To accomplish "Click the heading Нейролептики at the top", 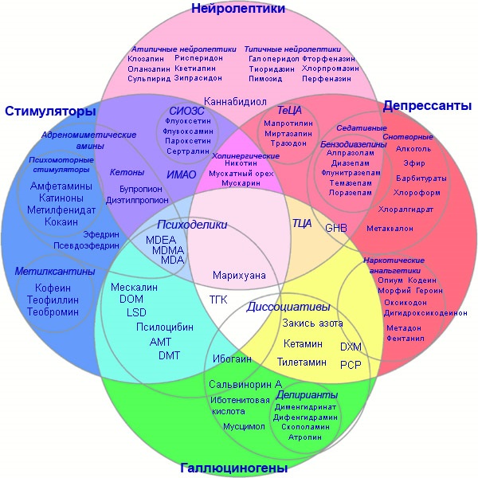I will pyautogui.click(x=238, y=10).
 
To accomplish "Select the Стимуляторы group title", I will pyautogui.click(x=50, y=111).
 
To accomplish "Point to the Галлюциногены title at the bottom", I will pyautogui.click(x=233, y=468).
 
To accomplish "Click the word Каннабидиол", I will pyautogui.click(x=236, y=102).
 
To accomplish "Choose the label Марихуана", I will pyautogui.click(x=239, y=275).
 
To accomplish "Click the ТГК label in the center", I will pyautogui.click(x=217, y=300).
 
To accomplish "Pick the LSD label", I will pyautogui.click(x=136, y=312).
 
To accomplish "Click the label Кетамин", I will pyautogui.click(x=303, y=343).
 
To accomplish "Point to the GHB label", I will pyautogui.click(x=335, y=228).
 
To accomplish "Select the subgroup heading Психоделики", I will pyautogui.click(x=192, y=225).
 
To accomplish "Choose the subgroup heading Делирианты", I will pyautogui.click(x=307, y=394).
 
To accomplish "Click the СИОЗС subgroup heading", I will pyautogui.click(x=187, y=111).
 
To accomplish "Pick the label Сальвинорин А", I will pyautogui.click(x=245, y=383).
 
